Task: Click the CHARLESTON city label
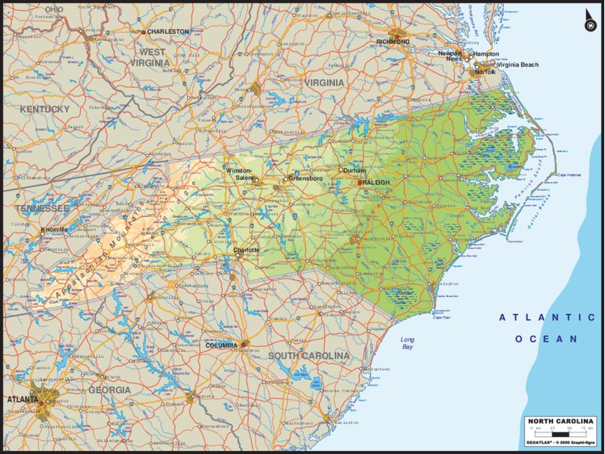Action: click(168, 32)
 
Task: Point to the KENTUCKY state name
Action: click(45, 109)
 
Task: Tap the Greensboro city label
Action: click(306, 178)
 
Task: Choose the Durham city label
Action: click(353, 170)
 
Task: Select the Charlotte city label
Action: click(246, 250)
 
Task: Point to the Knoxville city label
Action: click(54, 229)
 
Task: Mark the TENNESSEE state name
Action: click(41, 209)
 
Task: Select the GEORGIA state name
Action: click(109, 389)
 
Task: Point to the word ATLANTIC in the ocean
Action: click(547, 317)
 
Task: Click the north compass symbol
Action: click(589, 23)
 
